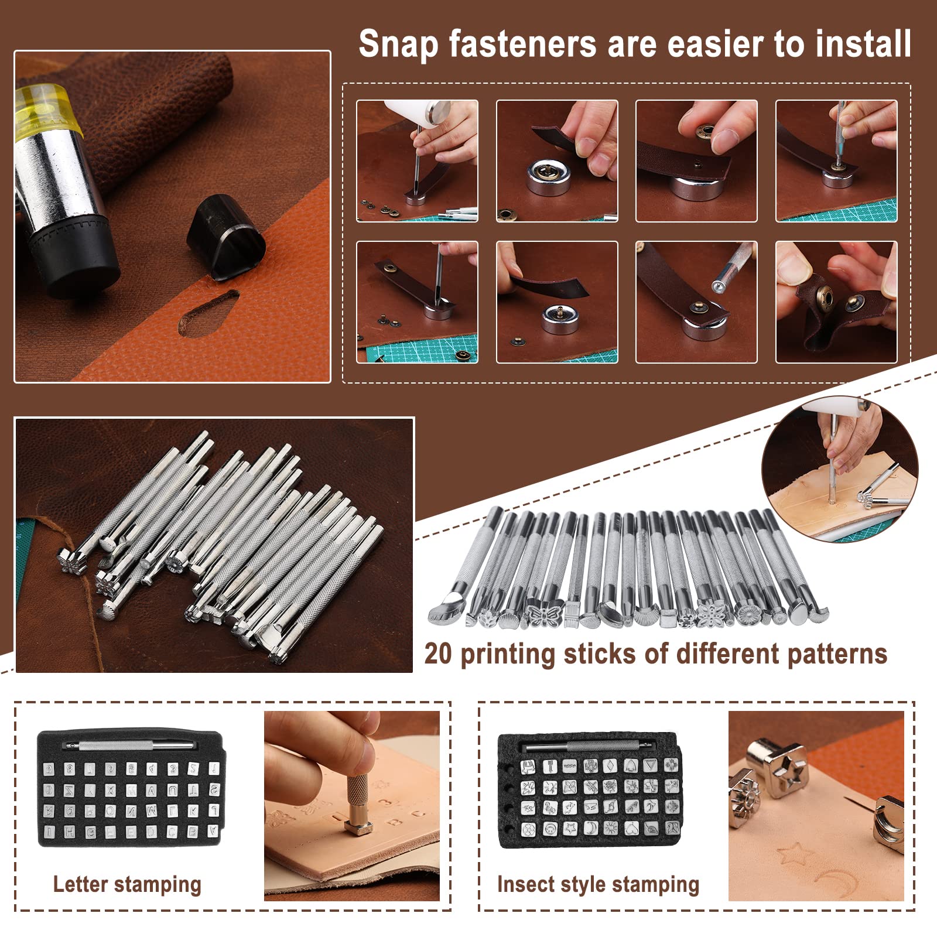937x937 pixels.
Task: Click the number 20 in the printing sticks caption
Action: (x=439, y=653)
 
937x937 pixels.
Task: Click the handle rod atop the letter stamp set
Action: (x=129, y=746)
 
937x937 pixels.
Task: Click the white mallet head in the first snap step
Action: (x=417, y=117)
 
